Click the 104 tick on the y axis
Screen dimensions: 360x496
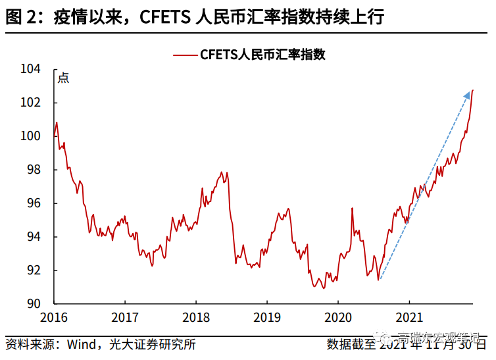coord(32,69)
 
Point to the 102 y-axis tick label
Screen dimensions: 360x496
coord(32,103)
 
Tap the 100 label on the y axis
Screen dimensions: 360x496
coord(32,136)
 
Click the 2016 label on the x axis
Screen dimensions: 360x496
coord(53,317)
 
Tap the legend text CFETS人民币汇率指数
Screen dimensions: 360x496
coord(263,55)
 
